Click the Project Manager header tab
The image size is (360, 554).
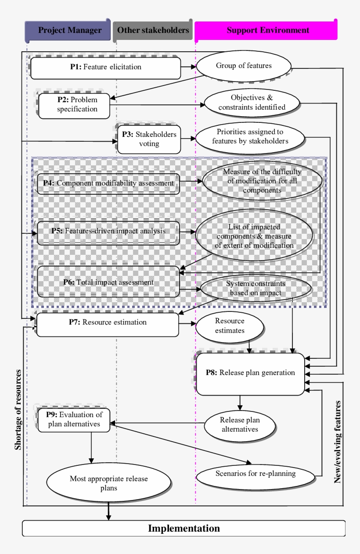point(68,30)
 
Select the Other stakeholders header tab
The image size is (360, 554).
point(152,30)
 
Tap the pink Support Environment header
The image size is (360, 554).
point(266,30)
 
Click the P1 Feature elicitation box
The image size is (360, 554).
point(105,68)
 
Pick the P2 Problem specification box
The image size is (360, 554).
point(74,105)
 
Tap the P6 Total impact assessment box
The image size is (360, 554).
point(108,282)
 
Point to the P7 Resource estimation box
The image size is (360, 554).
point(108,324)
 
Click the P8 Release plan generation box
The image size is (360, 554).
point(250,373)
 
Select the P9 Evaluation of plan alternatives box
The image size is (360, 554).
point(74,419)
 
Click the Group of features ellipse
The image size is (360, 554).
point(244,66)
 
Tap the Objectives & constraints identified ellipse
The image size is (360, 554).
point(252,102)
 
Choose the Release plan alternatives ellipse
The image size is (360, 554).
point(239,425)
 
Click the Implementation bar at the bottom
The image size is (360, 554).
point(184,528)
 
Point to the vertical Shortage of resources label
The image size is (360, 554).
point(18,410)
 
